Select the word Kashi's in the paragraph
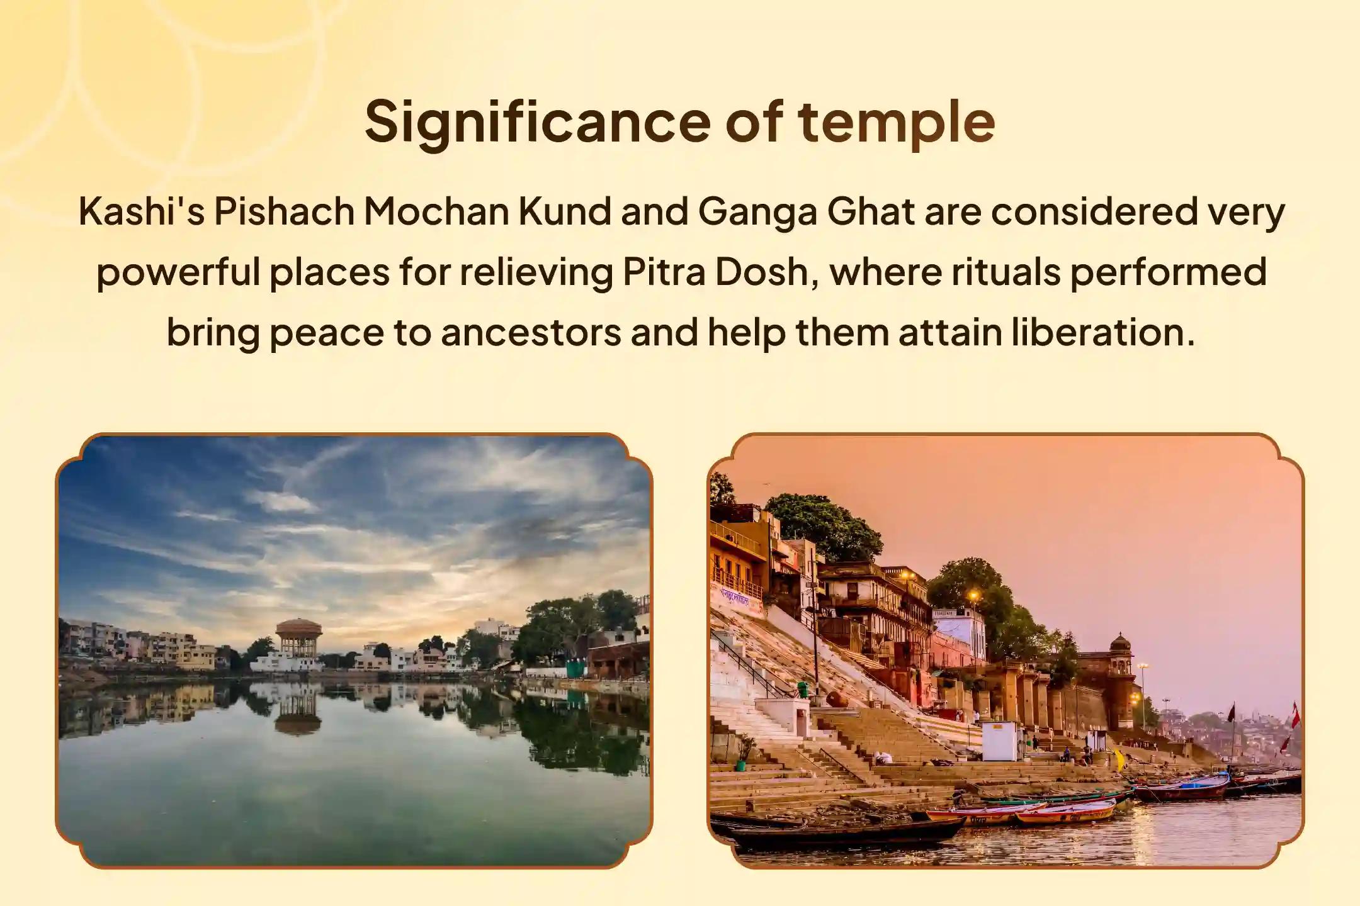pos(141,212)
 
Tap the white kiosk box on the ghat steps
pos(999,741)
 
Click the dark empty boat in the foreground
pos(844,832)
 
